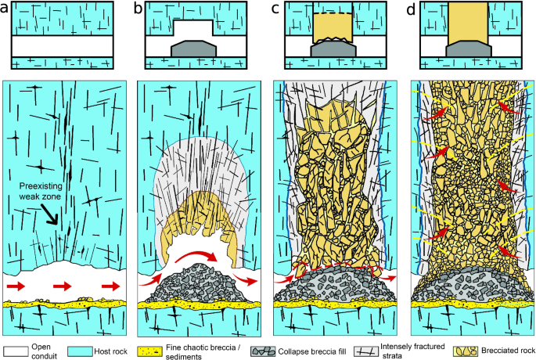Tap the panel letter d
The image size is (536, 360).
411,9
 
